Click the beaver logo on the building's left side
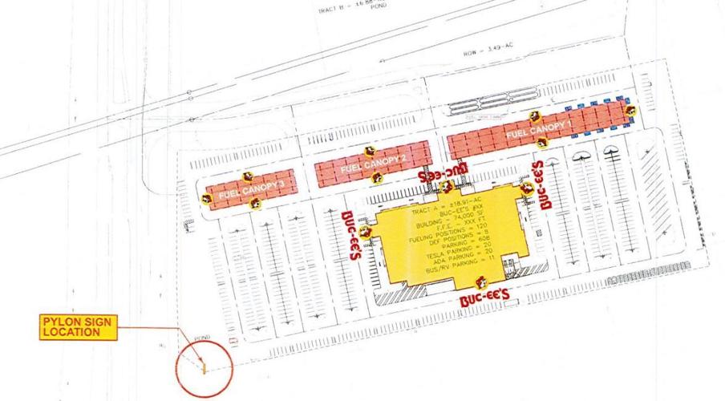click(x=367, y=233)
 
